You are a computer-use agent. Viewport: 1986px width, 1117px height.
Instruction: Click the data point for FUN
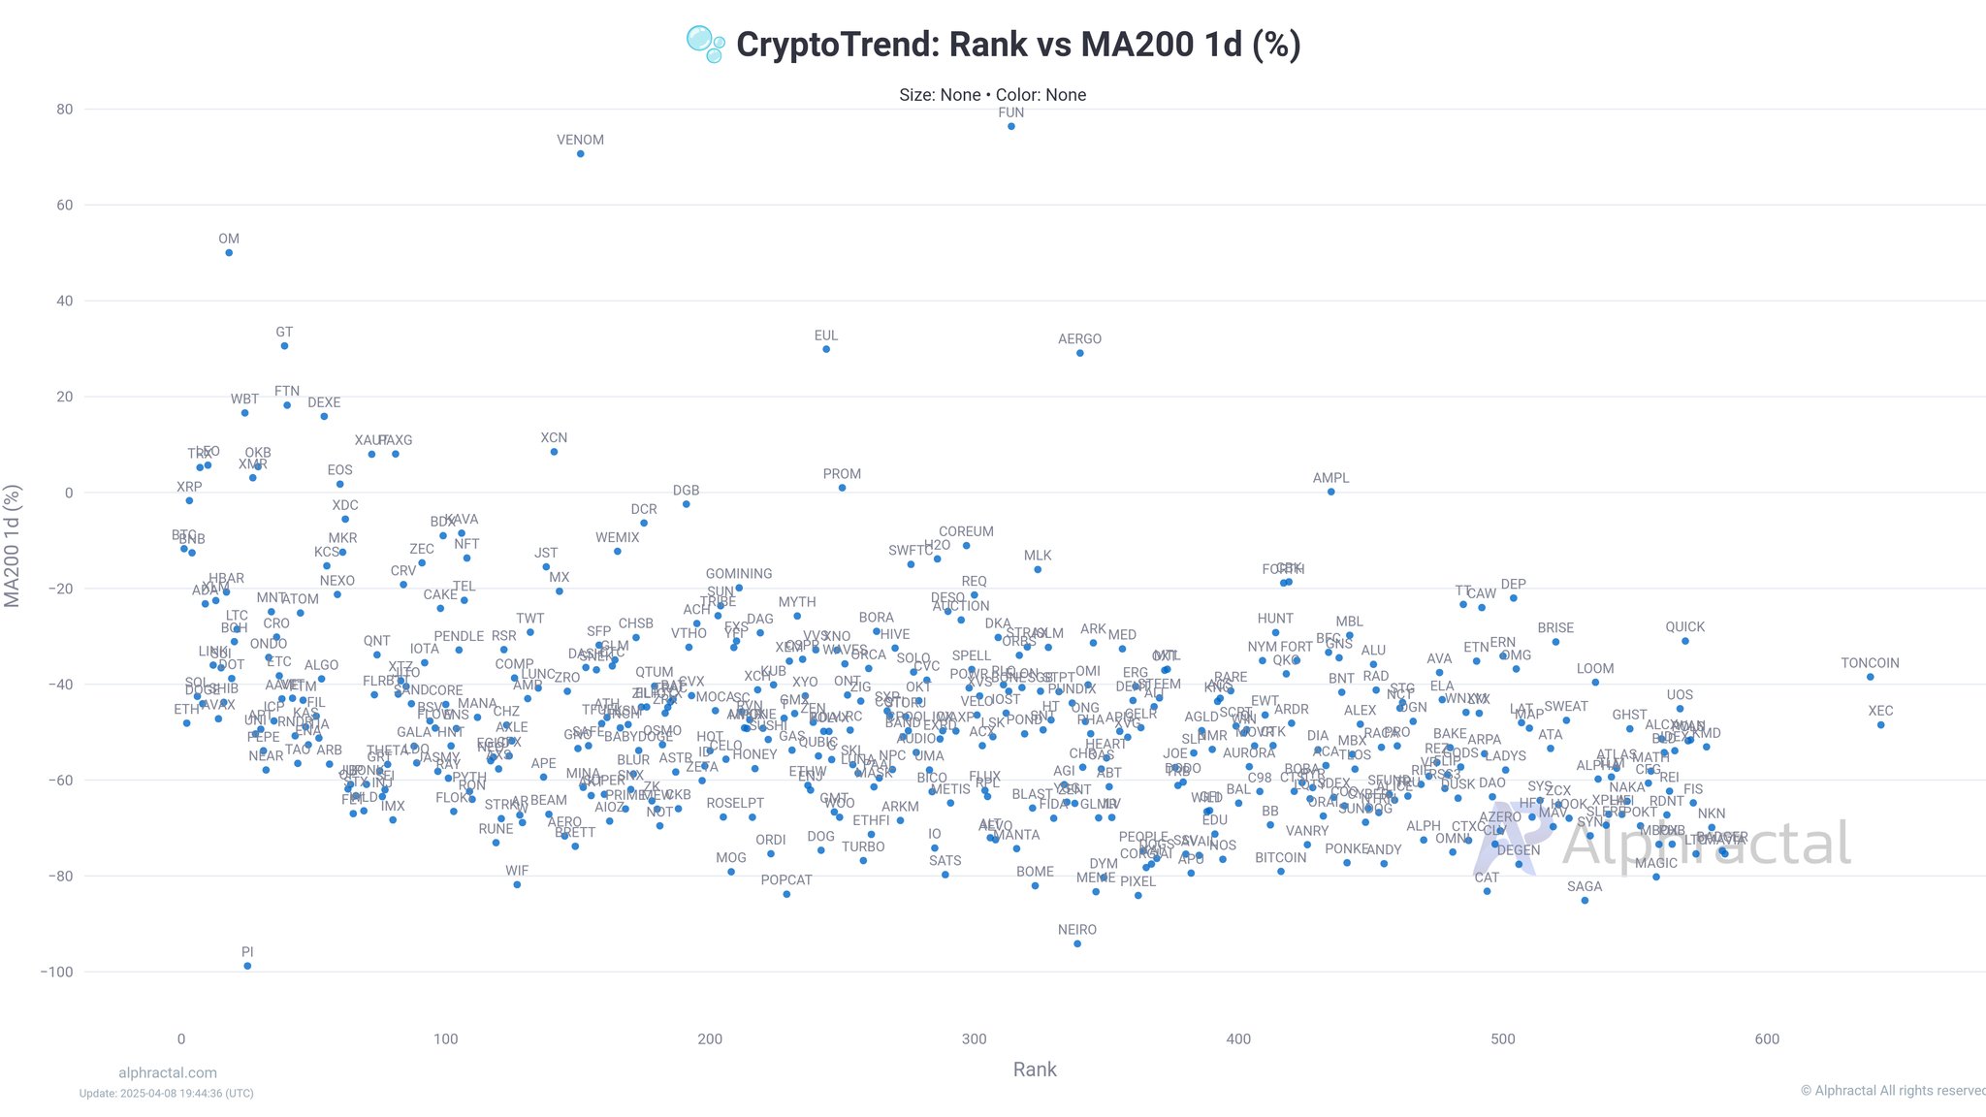(1010, 126)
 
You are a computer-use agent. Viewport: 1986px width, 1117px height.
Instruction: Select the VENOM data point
(580, 153)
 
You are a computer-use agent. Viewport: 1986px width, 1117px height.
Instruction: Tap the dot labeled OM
(229, 252)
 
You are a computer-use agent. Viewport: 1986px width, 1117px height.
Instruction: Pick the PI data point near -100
(247, 966)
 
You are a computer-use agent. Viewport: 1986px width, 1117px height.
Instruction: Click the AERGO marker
(1079, 353)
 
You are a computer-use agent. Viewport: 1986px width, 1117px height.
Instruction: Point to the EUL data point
(826, 349)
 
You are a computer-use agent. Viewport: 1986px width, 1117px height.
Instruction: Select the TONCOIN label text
(1870, 663)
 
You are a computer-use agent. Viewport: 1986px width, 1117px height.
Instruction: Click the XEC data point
(1880, 724)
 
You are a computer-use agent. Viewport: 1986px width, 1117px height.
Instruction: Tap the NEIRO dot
(1077, 943)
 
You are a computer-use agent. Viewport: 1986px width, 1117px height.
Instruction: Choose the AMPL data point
(1330, 492)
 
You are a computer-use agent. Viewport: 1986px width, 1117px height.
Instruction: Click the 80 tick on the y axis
(64, 110)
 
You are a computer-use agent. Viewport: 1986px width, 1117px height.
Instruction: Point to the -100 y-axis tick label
(56, 972)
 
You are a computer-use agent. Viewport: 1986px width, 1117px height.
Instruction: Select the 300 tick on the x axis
(974, 1039)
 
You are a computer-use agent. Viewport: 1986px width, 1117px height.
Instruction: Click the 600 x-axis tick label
(1767, 1039)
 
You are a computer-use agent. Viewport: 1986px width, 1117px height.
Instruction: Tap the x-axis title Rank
(1035, 1069)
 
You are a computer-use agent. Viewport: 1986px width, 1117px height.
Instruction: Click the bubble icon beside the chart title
(705, 44)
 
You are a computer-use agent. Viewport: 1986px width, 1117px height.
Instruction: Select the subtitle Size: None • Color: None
(992, 95)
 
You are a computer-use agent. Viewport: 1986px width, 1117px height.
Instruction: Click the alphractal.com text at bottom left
(168, 1072)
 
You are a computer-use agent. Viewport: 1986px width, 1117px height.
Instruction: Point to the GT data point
(284, 345)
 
